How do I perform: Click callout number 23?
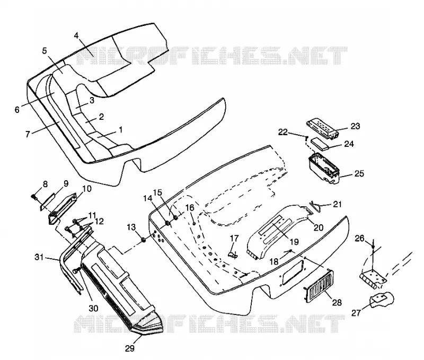pos(356,126)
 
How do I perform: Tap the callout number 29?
pos(130,349)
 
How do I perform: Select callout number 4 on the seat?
pos(76,36)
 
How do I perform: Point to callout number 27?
pos(356,313)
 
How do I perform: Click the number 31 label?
pos(39,257)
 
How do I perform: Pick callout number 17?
pos(234,238)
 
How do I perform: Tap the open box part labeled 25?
pos(324,169)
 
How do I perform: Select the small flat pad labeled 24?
pos(320,144)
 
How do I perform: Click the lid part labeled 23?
pos(323,129)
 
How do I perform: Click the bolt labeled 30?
pos(76,270)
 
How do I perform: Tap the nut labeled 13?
pos(144,240)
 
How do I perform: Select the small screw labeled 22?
pos(307,137)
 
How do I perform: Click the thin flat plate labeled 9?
pos(48,201)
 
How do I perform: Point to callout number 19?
pos(294,242)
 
